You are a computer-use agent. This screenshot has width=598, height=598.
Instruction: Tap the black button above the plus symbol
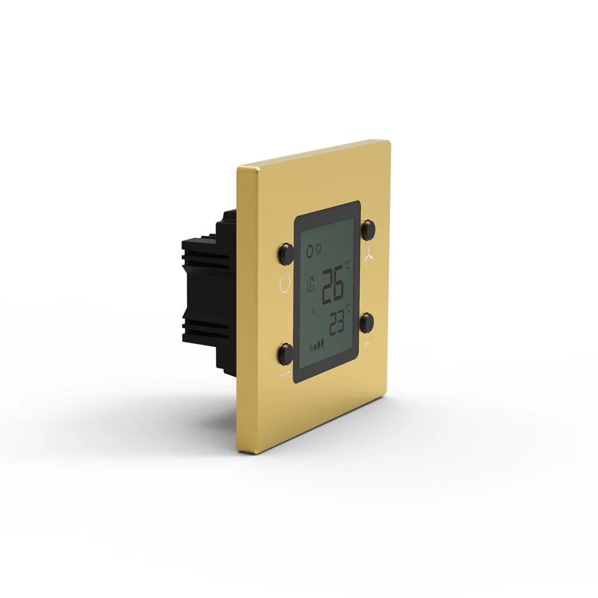coord(368,322)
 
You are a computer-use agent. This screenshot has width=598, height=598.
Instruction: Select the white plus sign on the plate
coord(367,344)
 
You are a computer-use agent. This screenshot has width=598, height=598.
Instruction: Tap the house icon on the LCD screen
coord(310,283)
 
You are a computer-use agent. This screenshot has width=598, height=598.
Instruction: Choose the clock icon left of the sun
coord(309,250)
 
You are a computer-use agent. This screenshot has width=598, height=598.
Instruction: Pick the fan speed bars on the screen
coord(316,345)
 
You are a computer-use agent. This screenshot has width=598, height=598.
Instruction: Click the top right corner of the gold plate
coord(388,142)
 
